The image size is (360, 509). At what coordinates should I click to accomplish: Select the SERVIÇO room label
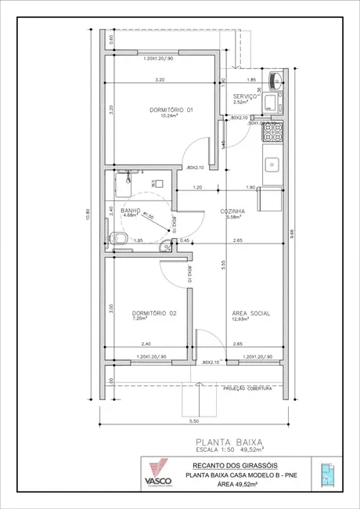pos(247,95)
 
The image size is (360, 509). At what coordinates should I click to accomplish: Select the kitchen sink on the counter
pos(272,164)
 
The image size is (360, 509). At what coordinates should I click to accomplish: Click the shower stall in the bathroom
pos(124,183)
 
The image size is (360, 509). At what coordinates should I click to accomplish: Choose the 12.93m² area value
pos(240,319)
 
